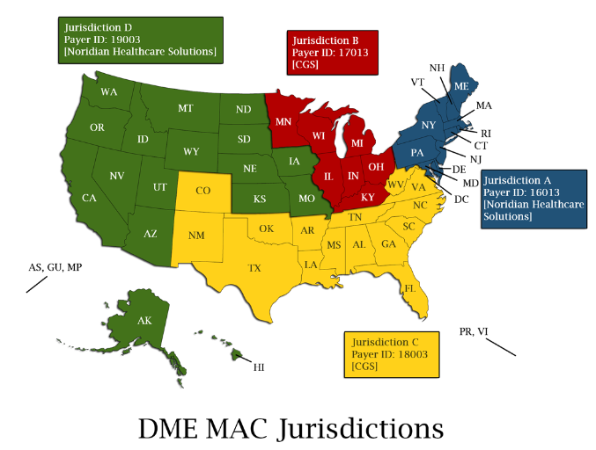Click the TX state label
pos(254,268)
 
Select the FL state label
pos(409,288)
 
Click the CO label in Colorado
pos(203,190)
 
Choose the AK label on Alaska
pos(144,321)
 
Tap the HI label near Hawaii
pos(259,367)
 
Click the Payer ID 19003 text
pos(103,40)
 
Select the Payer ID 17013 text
pos(329,52)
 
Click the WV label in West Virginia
pos(395,185)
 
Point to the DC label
pos(461,200)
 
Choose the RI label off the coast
pos(486,133)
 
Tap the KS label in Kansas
pos(260,200)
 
